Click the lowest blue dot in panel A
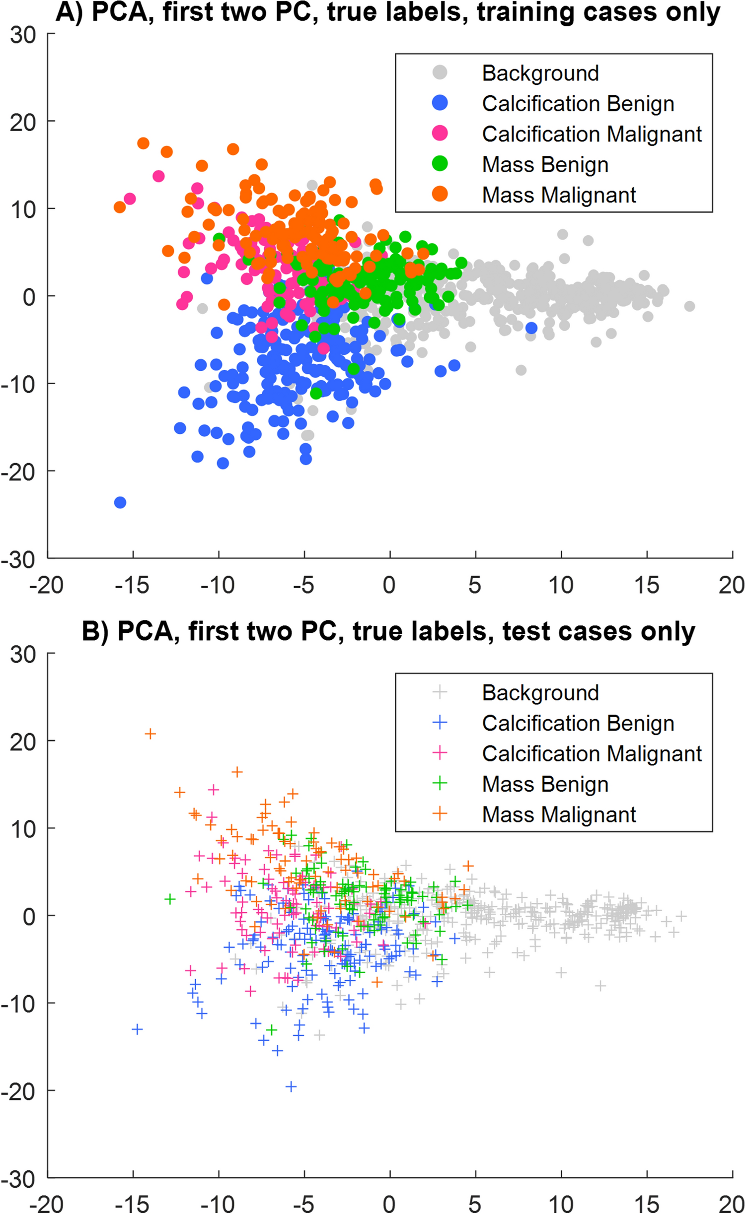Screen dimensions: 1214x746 (120, 502)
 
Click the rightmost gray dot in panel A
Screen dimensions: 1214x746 (689, 306)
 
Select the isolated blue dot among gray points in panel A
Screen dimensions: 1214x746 (531, 328)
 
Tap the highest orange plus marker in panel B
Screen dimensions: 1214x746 (150, 734)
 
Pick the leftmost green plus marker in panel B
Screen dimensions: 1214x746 (170, 899)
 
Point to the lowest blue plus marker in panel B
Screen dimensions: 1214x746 (291, 1086)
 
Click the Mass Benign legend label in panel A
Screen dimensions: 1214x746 (545, 164)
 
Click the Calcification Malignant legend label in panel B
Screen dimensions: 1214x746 (592, 753)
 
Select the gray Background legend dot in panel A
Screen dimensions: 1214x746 (440, 72)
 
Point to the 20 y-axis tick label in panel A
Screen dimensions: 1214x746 (23, 122)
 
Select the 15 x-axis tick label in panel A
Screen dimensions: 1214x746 (646, 585)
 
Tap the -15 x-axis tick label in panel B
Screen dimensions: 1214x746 (132, 1204)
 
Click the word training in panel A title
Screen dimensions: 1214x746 (528, 12)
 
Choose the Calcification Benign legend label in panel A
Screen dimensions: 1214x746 (578, 104)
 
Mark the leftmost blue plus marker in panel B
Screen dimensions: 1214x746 (138, 1029)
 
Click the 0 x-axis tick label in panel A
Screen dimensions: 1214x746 (389, 585)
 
